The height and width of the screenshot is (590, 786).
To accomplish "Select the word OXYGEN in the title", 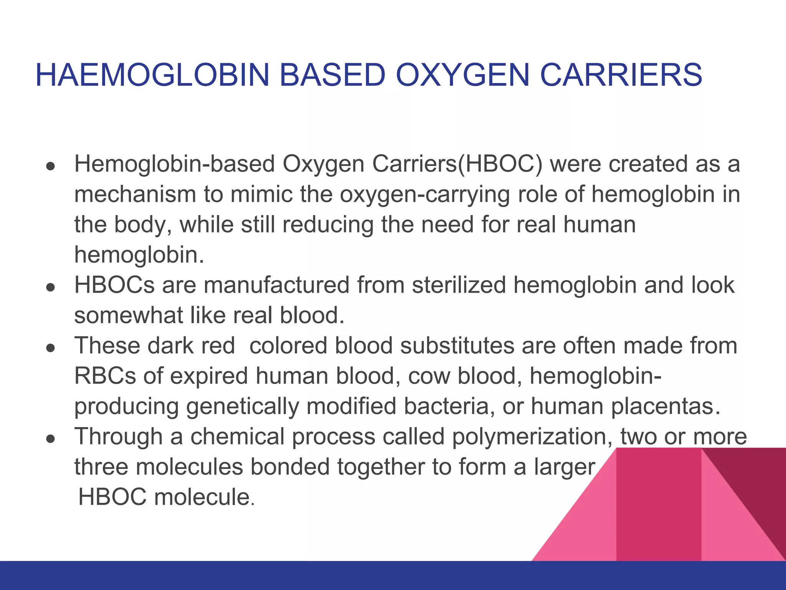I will point(462,75).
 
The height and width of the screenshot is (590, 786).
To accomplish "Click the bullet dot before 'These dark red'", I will point(51,348).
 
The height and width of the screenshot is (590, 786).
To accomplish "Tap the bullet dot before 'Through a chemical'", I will point(51,439).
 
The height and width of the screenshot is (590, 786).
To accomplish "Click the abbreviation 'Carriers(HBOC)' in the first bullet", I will point(457,164).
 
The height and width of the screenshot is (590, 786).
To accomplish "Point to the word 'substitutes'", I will point(457,346).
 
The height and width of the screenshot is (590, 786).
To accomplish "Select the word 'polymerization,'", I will point(532,437).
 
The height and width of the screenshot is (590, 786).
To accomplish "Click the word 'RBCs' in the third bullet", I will point(105,376).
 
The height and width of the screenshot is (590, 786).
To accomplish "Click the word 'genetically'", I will point(243,407).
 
